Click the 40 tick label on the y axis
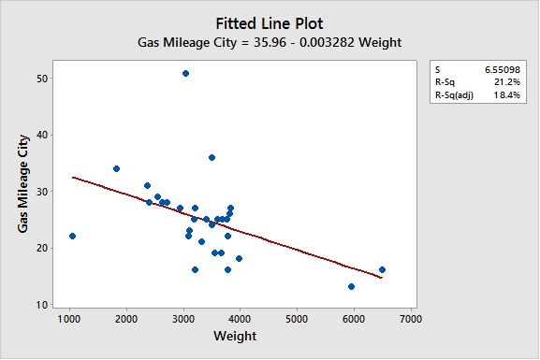[x=43, y=135]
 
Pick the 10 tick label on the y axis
[x=43, y=305]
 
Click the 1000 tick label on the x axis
[x=69, y=318]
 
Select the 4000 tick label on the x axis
[x=240, y=318]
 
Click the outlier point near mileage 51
[x=185, y=73]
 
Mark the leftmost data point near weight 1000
[x=72, y=236]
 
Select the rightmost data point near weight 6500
[x=382, y=269]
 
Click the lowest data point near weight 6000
[x=351, y=286]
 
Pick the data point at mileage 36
[x=212, y=157]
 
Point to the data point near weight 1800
[x=116, y=169]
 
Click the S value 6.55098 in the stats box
[x=502, y=69]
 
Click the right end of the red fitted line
[x=381, y=278]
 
